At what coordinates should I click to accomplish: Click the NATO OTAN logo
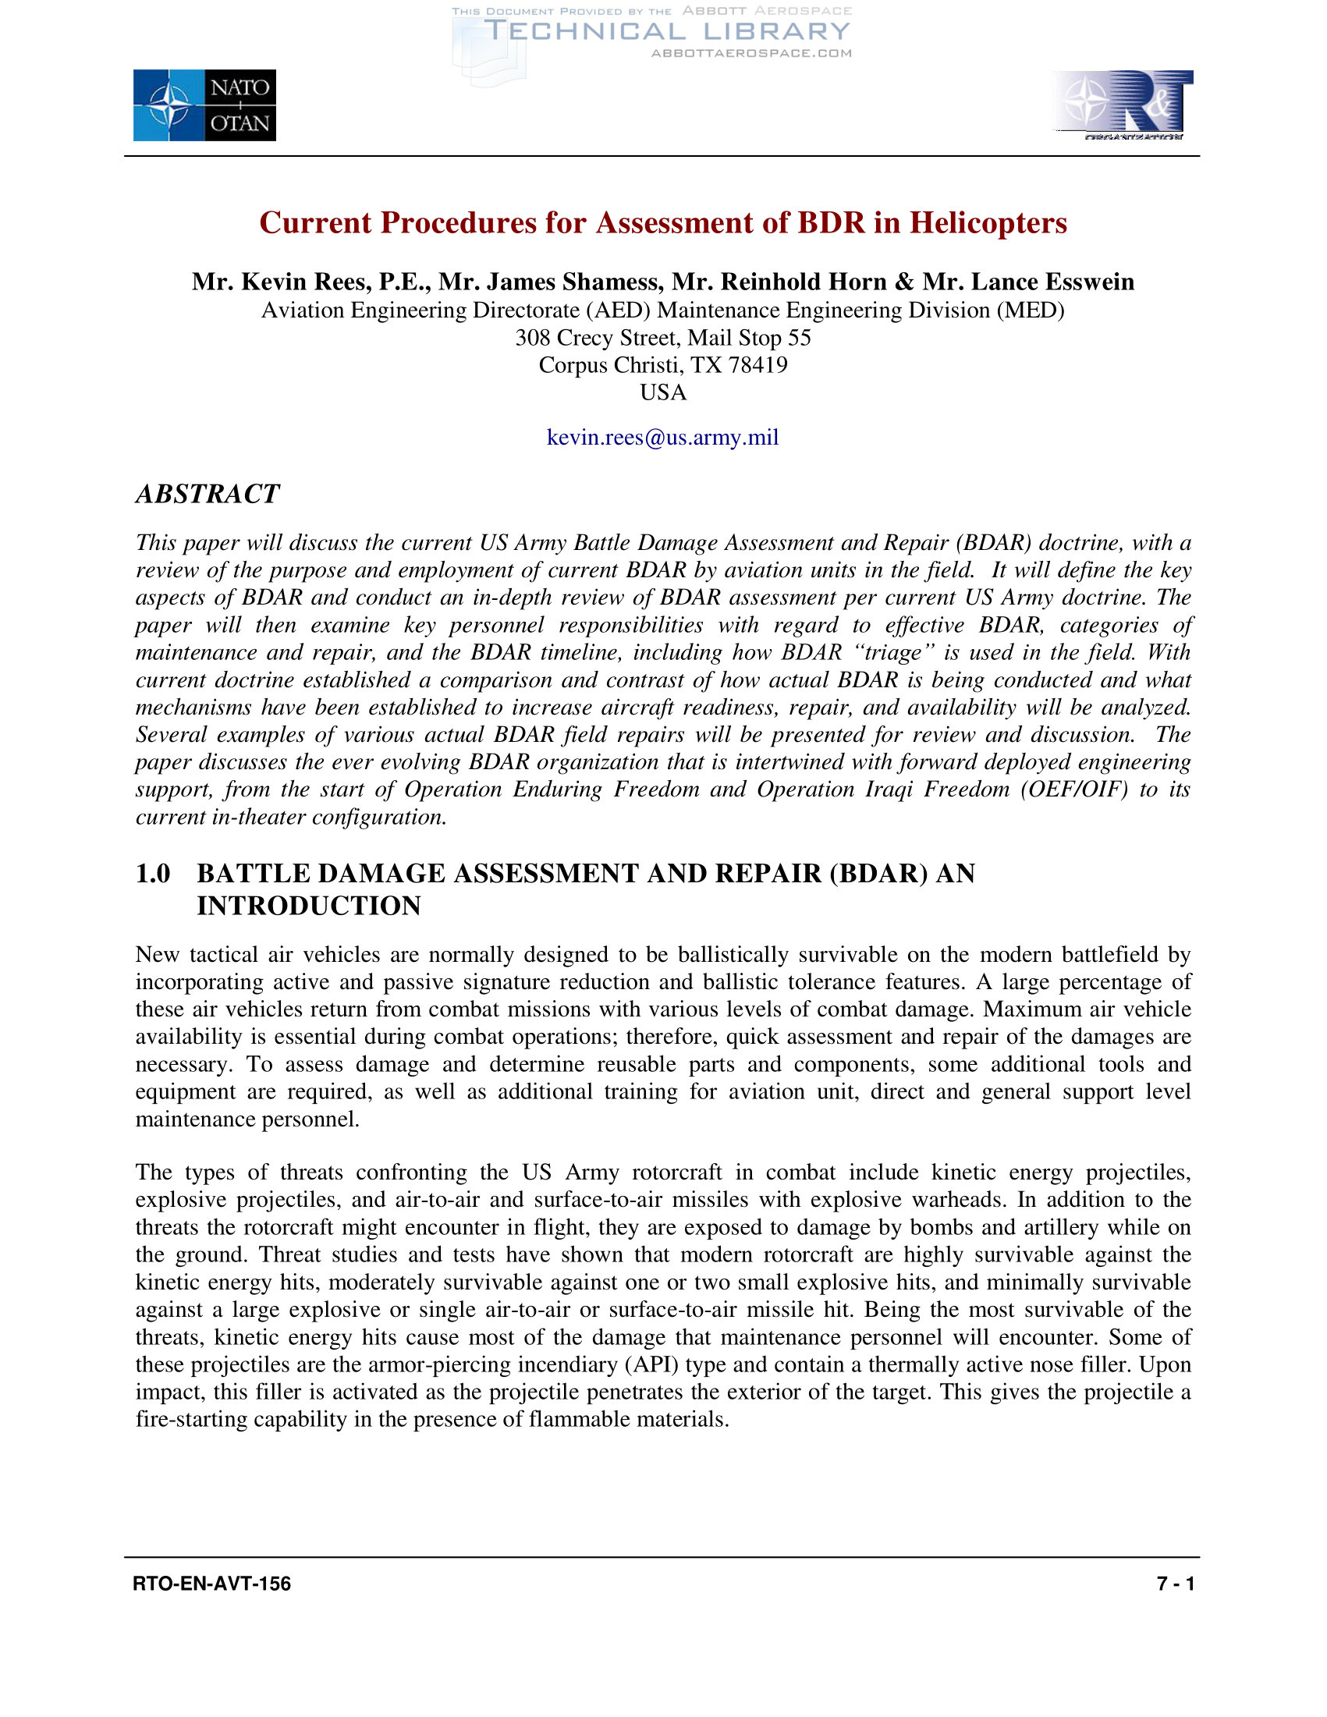point(204,105)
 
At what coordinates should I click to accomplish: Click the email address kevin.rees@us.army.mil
point(662,437)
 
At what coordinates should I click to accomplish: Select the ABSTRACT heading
point(208,494)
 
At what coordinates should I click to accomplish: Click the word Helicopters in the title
point(988,222)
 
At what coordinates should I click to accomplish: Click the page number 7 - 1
point(1176,1584)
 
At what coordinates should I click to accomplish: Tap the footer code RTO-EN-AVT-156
point(211,1584)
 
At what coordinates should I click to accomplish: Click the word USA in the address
point(662,392)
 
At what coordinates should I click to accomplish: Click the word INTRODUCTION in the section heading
point(309,906)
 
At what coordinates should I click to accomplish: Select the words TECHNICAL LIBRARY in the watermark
point(668,31)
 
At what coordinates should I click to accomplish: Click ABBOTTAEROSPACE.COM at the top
point(751,54)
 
